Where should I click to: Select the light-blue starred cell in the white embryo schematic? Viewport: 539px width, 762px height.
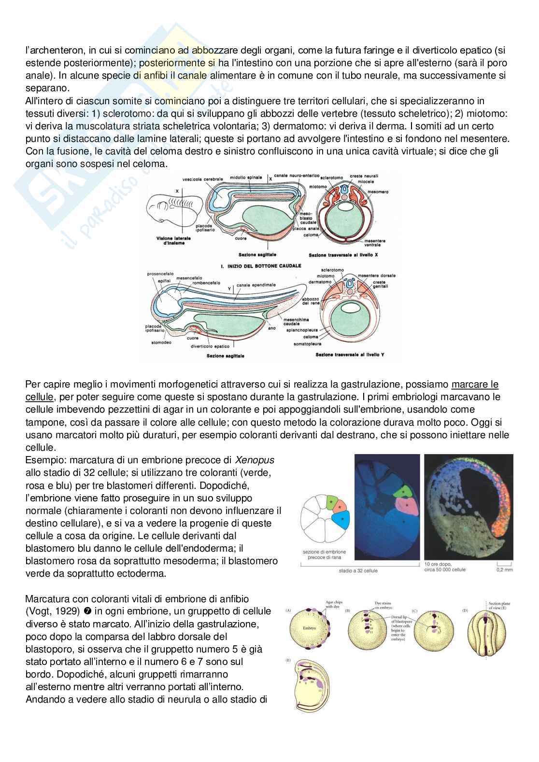point(342,518)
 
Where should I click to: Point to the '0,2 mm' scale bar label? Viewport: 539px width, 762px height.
point(505,570)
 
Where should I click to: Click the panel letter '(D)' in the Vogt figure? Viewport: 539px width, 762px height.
point(465,610)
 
